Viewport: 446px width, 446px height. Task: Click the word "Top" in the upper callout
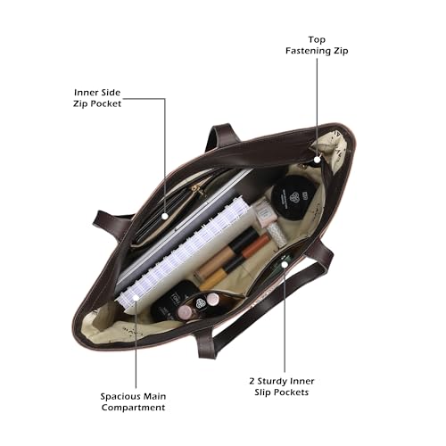(317, 40)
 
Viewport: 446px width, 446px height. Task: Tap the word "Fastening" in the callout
(308, 51)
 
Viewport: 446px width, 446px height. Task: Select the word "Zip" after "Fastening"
(341, 51)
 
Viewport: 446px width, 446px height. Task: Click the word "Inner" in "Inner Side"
(85, 93)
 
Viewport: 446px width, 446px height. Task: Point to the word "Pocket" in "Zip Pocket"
(106, 103)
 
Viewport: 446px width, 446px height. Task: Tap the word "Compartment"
(133, 408)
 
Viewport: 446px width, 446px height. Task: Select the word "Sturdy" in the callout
(272, 382)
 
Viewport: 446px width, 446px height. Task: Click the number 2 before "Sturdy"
(252, 381)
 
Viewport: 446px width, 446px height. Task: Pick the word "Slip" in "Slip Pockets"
(262, 392)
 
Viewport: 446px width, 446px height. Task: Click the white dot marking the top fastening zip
(318, 160)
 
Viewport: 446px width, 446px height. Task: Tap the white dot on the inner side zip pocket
(165, 216)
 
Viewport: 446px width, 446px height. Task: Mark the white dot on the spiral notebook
(136, 297)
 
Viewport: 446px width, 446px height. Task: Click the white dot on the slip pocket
(285, 264)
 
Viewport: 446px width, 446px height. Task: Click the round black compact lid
(293, 197)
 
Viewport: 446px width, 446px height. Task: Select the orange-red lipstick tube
(256, 245)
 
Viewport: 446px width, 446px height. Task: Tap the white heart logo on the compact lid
(294, 197)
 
